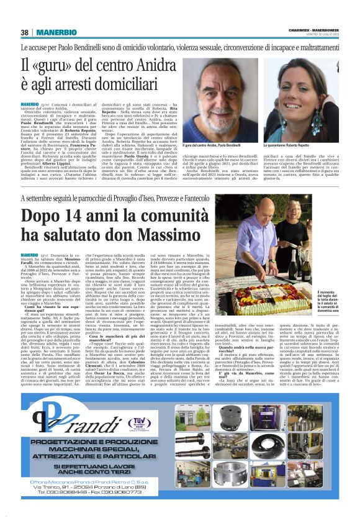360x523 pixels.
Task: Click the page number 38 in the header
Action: click(25, 32)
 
